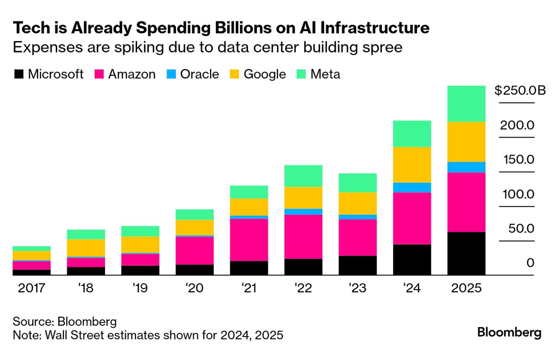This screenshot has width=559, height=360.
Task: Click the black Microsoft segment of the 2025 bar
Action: [466, 254]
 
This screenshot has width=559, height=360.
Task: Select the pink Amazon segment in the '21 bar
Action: [249, 240]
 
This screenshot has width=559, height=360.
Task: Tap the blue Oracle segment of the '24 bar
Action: [412, 188]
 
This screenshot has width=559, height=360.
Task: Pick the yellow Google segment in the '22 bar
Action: [303, 198]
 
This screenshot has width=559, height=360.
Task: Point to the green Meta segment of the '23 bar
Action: [358, 183]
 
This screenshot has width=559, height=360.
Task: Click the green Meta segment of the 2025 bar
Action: [466, 104]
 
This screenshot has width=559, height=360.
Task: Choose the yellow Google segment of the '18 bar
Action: [86, 248]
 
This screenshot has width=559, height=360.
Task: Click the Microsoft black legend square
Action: [18, 74]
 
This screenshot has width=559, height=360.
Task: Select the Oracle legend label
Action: [200, 74]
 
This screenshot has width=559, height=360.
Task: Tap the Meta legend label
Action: [325, 74]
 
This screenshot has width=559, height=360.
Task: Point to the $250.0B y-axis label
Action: [520, 90]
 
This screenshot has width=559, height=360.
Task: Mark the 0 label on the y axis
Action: [529, 263]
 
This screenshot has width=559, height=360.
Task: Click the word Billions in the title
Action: [203, 28]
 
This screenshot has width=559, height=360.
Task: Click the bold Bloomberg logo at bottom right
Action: [509, 332]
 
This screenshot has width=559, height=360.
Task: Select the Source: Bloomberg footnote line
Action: [64, 321]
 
